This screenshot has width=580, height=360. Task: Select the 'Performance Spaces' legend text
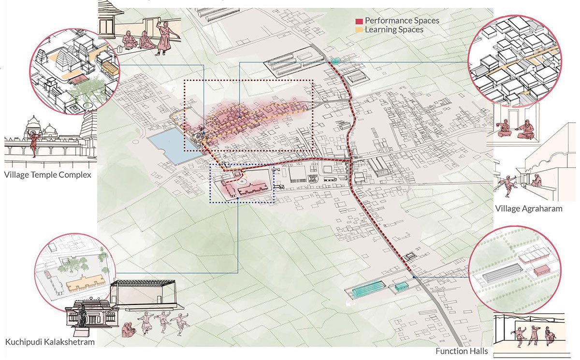click(402, 21)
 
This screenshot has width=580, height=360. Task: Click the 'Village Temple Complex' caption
click(47, 174)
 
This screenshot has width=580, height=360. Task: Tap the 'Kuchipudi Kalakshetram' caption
click(50, 342)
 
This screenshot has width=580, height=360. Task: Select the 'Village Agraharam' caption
click(529, 209)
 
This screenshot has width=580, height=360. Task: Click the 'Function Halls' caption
click(462, 351)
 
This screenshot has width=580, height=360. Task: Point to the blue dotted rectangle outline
click(242, 202)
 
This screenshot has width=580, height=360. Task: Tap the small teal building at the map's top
click(334, 61)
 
